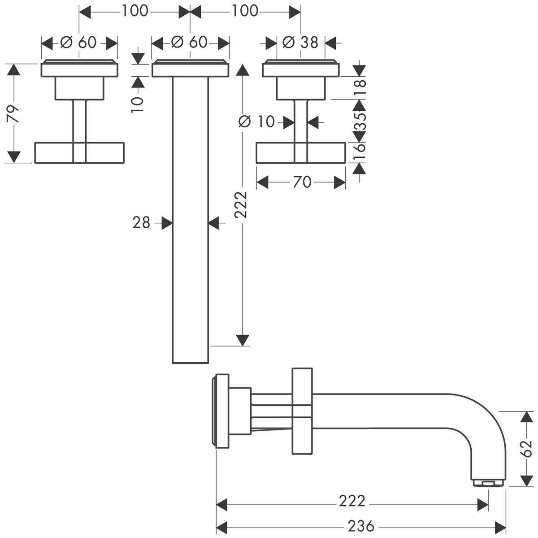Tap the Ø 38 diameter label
point(300,43)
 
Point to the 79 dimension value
point(14,114)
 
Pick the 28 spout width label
point(141,222)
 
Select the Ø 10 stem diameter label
point(256,121)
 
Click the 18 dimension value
point(360,84)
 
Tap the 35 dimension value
point(360,121)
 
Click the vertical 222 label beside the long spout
point(242,204)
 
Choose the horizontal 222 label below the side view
point(352,501)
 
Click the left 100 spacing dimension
point(134,11)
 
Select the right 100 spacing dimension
point(245,11)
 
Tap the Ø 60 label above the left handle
point(79,43)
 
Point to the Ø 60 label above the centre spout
point(190,43)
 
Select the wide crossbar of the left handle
point(79,152)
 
